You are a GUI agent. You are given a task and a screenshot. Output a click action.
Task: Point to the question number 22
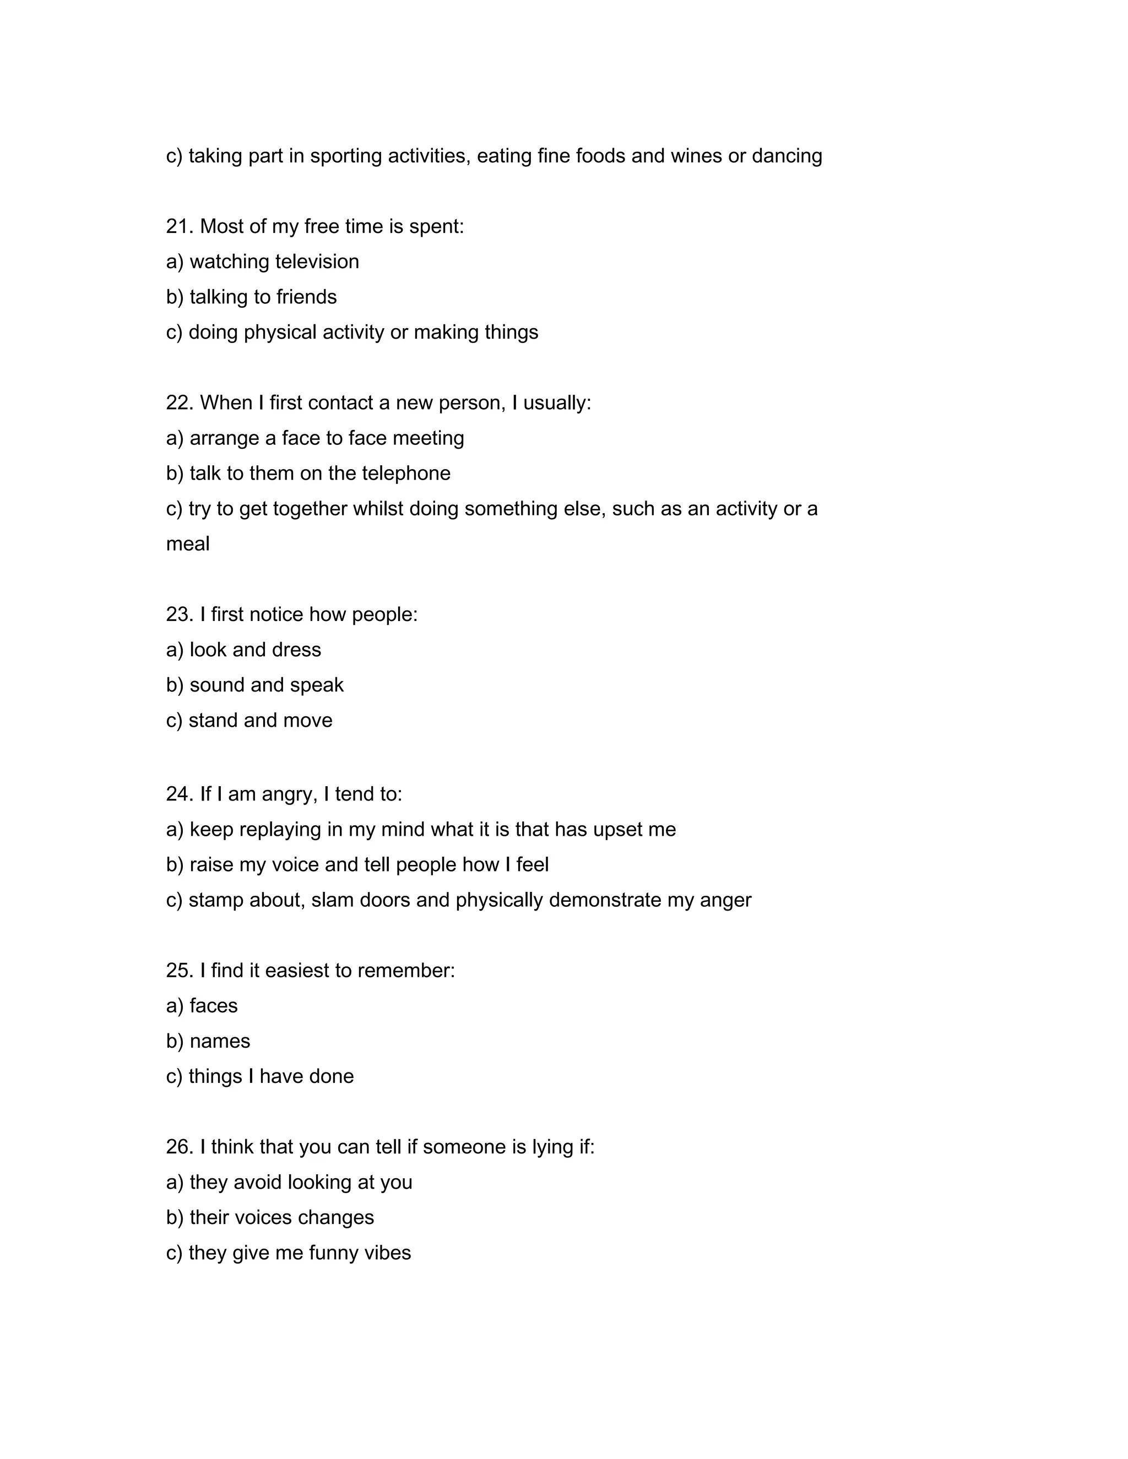(x=179, y=404)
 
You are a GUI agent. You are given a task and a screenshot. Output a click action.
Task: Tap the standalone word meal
(x=187, y=545)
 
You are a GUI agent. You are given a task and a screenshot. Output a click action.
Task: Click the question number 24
(x=179, y=795)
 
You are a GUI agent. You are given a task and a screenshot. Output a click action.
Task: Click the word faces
(x=213, y=1006)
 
